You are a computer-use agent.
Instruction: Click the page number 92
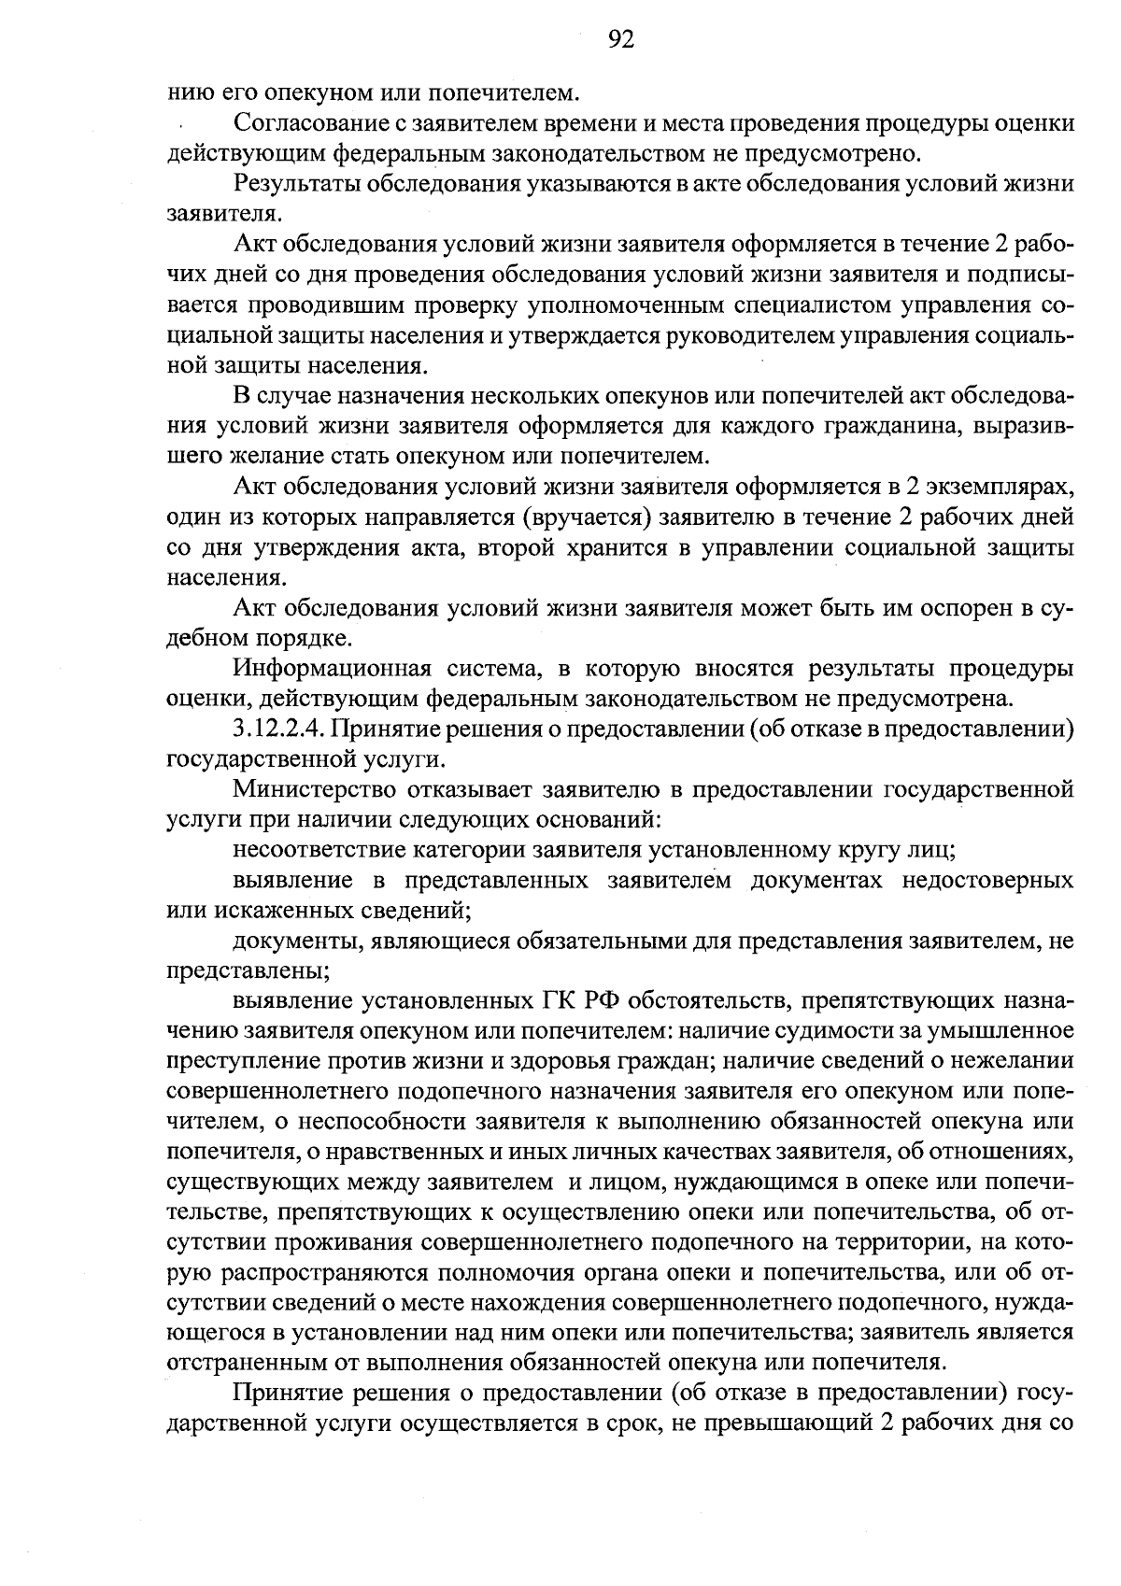pyautogui.click(x=621, y=38)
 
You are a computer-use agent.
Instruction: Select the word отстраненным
pyautogui.click(x=244, y=1359)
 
